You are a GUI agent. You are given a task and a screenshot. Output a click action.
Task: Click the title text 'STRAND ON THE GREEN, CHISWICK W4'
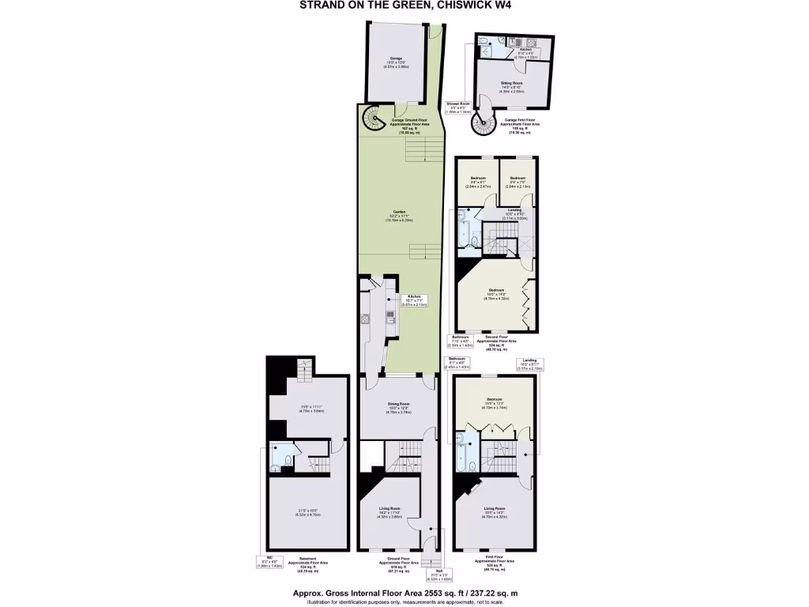click(404, 5)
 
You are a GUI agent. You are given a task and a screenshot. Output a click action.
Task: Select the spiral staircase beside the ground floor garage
click(374, 119)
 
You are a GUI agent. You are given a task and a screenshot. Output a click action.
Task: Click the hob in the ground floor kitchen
click(390, 316)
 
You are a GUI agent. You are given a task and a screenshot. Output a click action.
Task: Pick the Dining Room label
click(398, 405)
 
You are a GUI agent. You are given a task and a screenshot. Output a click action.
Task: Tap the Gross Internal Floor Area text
click(404, 593)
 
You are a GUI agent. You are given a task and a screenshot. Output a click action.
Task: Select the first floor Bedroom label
click(495, 402)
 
